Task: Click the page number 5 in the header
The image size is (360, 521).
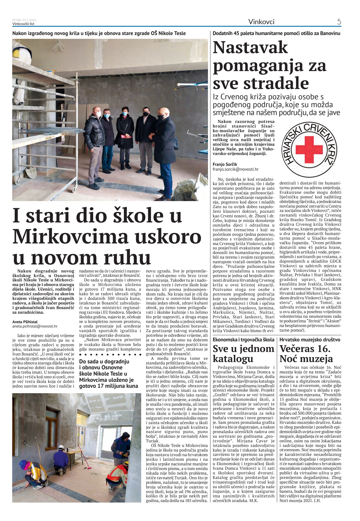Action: tap(339, 22)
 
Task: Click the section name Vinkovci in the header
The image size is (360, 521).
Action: tap(261, 22)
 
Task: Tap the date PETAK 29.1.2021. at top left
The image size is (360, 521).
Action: tap(24, 20)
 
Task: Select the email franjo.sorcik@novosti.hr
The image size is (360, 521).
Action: tap(235, 169)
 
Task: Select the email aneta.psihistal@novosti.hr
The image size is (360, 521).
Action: tap(35, 326)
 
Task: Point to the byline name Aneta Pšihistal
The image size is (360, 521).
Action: tap(25, 322)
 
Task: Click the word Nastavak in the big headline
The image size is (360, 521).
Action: tap(250, 47)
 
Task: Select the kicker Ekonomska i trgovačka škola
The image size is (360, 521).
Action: tap(243, 340)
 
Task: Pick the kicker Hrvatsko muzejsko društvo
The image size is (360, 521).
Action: tap(310, 340)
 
